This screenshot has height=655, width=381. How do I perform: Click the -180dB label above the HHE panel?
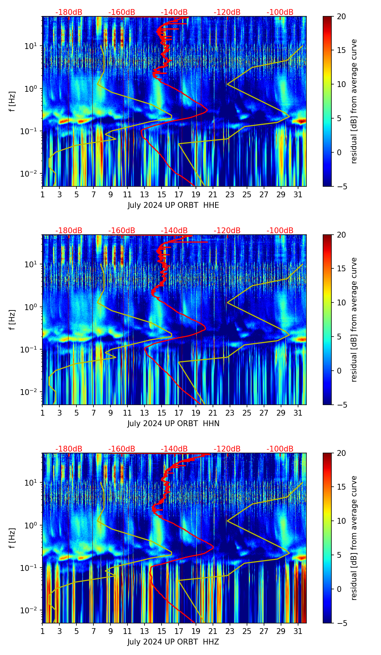click(69, 12)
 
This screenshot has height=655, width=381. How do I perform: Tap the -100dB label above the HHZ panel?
click(280, 449)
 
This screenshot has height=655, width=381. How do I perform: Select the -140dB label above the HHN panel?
click(174, 231)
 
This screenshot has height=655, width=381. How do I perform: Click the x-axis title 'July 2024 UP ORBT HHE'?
click(173, 205)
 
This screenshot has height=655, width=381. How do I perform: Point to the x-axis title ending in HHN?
click(173, 424)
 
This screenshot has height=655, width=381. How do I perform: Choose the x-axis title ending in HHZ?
click(173, 642)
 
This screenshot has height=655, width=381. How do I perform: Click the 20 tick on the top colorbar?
click(341, 16)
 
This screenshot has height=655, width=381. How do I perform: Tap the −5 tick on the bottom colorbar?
click(341, 623)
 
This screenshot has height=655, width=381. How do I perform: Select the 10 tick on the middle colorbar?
click(341, 302)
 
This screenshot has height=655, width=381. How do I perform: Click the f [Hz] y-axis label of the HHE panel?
click(12, 102)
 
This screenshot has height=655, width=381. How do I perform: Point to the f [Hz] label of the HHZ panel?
click(12, 538)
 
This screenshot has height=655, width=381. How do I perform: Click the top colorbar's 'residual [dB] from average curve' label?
click(354, 102)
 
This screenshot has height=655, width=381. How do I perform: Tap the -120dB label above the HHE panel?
click(227, 12)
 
